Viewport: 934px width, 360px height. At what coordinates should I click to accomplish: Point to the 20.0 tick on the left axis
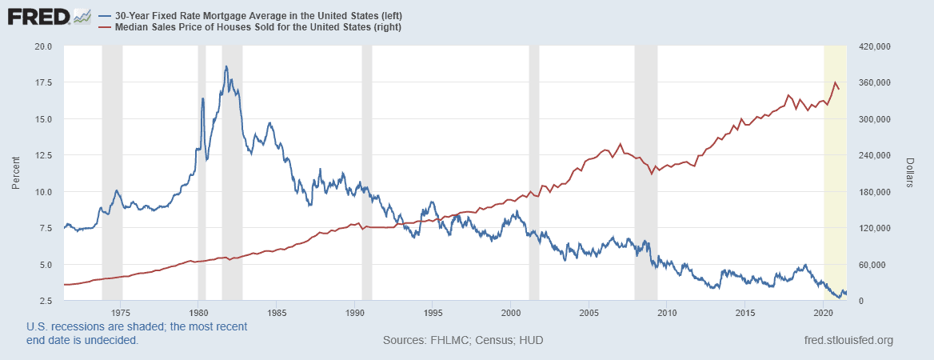[x=43, y=46]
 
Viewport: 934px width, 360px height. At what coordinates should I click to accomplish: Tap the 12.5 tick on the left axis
[x=43, y=155]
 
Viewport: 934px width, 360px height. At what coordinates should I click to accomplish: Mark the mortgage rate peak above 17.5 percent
[x=226, y=66]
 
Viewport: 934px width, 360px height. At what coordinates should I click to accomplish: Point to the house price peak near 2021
[x=835, y=82]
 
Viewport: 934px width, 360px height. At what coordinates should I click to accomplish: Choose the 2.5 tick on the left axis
[x=46, y=301]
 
